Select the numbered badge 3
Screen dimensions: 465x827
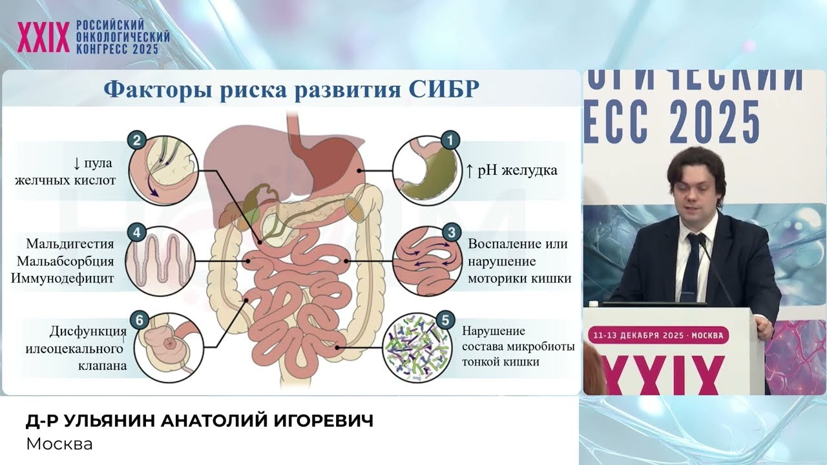pos(451,232)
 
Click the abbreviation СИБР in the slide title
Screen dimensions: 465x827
pos(445,90)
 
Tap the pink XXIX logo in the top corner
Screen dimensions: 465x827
pos(43,36)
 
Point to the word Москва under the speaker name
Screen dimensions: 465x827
pos(59,444)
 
